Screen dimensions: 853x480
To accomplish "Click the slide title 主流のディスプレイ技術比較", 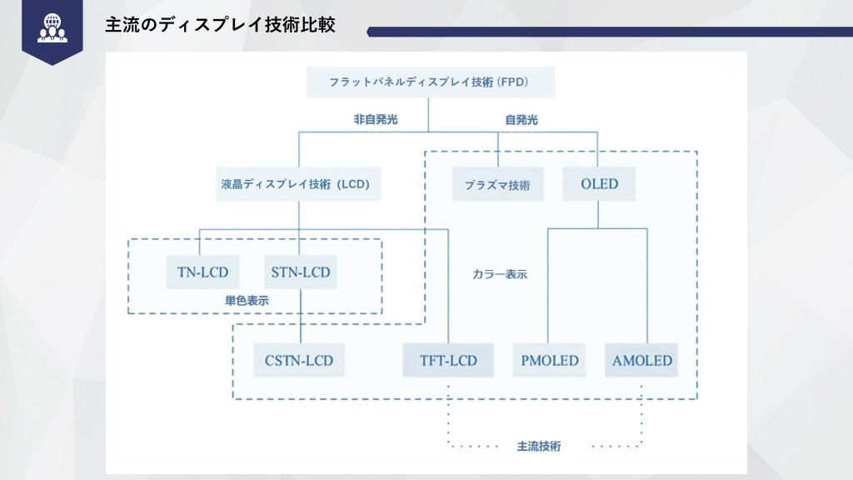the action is pyautogui.click(x=220, y=25).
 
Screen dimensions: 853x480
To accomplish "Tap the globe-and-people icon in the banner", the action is pyautogui.click(x=52, y=28).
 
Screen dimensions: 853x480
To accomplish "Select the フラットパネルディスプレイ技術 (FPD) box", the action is pyautogui.click(x=431, y=82).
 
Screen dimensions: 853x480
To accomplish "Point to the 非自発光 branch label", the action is pyautogui.click(x=376, y=119).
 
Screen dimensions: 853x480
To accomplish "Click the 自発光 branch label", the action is pyautogui.click(x=521, y=120).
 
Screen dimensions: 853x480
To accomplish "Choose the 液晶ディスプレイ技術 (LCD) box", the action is pyautogui.click(x=298, y=184).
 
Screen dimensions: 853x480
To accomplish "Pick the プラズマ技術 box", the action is pyautogui.click(x=497, y=184).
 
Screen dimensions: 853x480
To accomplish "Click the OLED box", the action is pyautogui.click(x=599, y=184).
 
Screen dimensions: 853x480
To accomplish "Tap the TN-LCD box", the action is pyautogui.click(x=203, y=272).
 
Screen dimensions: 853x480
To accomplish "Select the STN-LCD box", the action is pyautogui.click(x=300, y=272).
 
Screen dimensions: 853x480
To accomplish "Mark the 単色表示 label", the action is pyautogui.click(x=247, y=300).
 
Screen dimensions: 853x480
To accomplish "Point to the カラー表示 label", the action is pyautogui.click(x=500, y=274).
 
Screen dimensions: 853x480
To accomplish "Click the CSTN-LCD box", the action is pyautogui.click(x=299, y=360).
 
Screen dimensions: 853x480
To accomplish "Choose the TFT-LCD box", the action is pyautogui.click(x=448, y=360).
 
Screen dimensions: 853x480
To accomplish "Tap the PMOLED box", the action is pyautogui.click(x=550, y=360).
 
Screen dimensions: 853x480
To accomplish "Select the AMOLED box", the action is pyautogui.click(x=642, y=360).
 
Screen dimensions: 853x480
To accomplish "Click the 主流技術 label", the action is pyautogui.click(x=539, y=447).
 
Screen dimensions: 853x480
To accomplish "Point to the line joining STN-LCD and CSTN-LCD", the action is pyautogui.click(x=300, y=316).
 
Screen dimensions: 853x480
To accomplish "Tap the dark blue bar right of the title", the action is pyautogui.click(x=610, y=32).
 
